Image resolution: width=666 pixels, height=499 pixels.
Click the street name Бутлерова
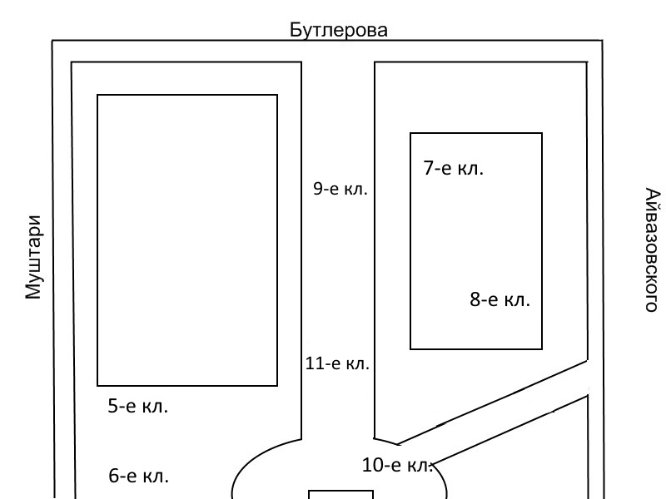click(339, 31)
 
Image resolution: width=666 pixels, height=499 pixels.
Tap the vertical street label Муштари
click(32, 258)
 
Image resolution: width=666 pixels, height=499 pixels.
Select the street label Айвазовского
click(652, 249)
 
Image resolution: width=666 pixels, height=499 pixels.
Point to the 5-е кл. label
click(138, 407)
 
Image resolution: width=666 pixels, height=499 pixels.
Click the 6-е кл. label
click(139, 477)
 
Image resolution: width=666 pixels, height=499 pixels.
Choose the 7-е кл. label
click(454, 168)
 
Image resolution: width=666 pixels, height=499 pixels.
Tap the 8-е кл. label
click(499, 299)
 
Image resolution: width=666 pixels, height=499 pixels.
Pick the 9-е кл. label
click(340, 189)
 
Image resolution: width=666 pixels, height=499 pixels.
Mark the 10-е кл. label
click(396, 465)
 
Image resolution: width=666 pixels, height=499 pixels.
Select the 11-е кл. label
click(337, 363)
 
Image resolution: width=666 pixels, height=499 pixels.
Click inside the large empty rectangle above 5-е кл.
click(187, 240)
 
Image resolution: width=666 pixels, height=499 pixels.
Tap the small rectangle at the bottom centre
click(341, 495)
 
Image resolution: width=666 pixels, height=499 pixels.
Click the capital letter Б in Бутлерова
click(296, 31)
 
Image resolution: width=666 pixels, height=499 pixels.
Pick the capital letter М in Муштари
click(32, 291)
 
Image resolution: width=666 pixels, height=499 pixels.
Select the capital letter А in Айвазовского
click(652, 195)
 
